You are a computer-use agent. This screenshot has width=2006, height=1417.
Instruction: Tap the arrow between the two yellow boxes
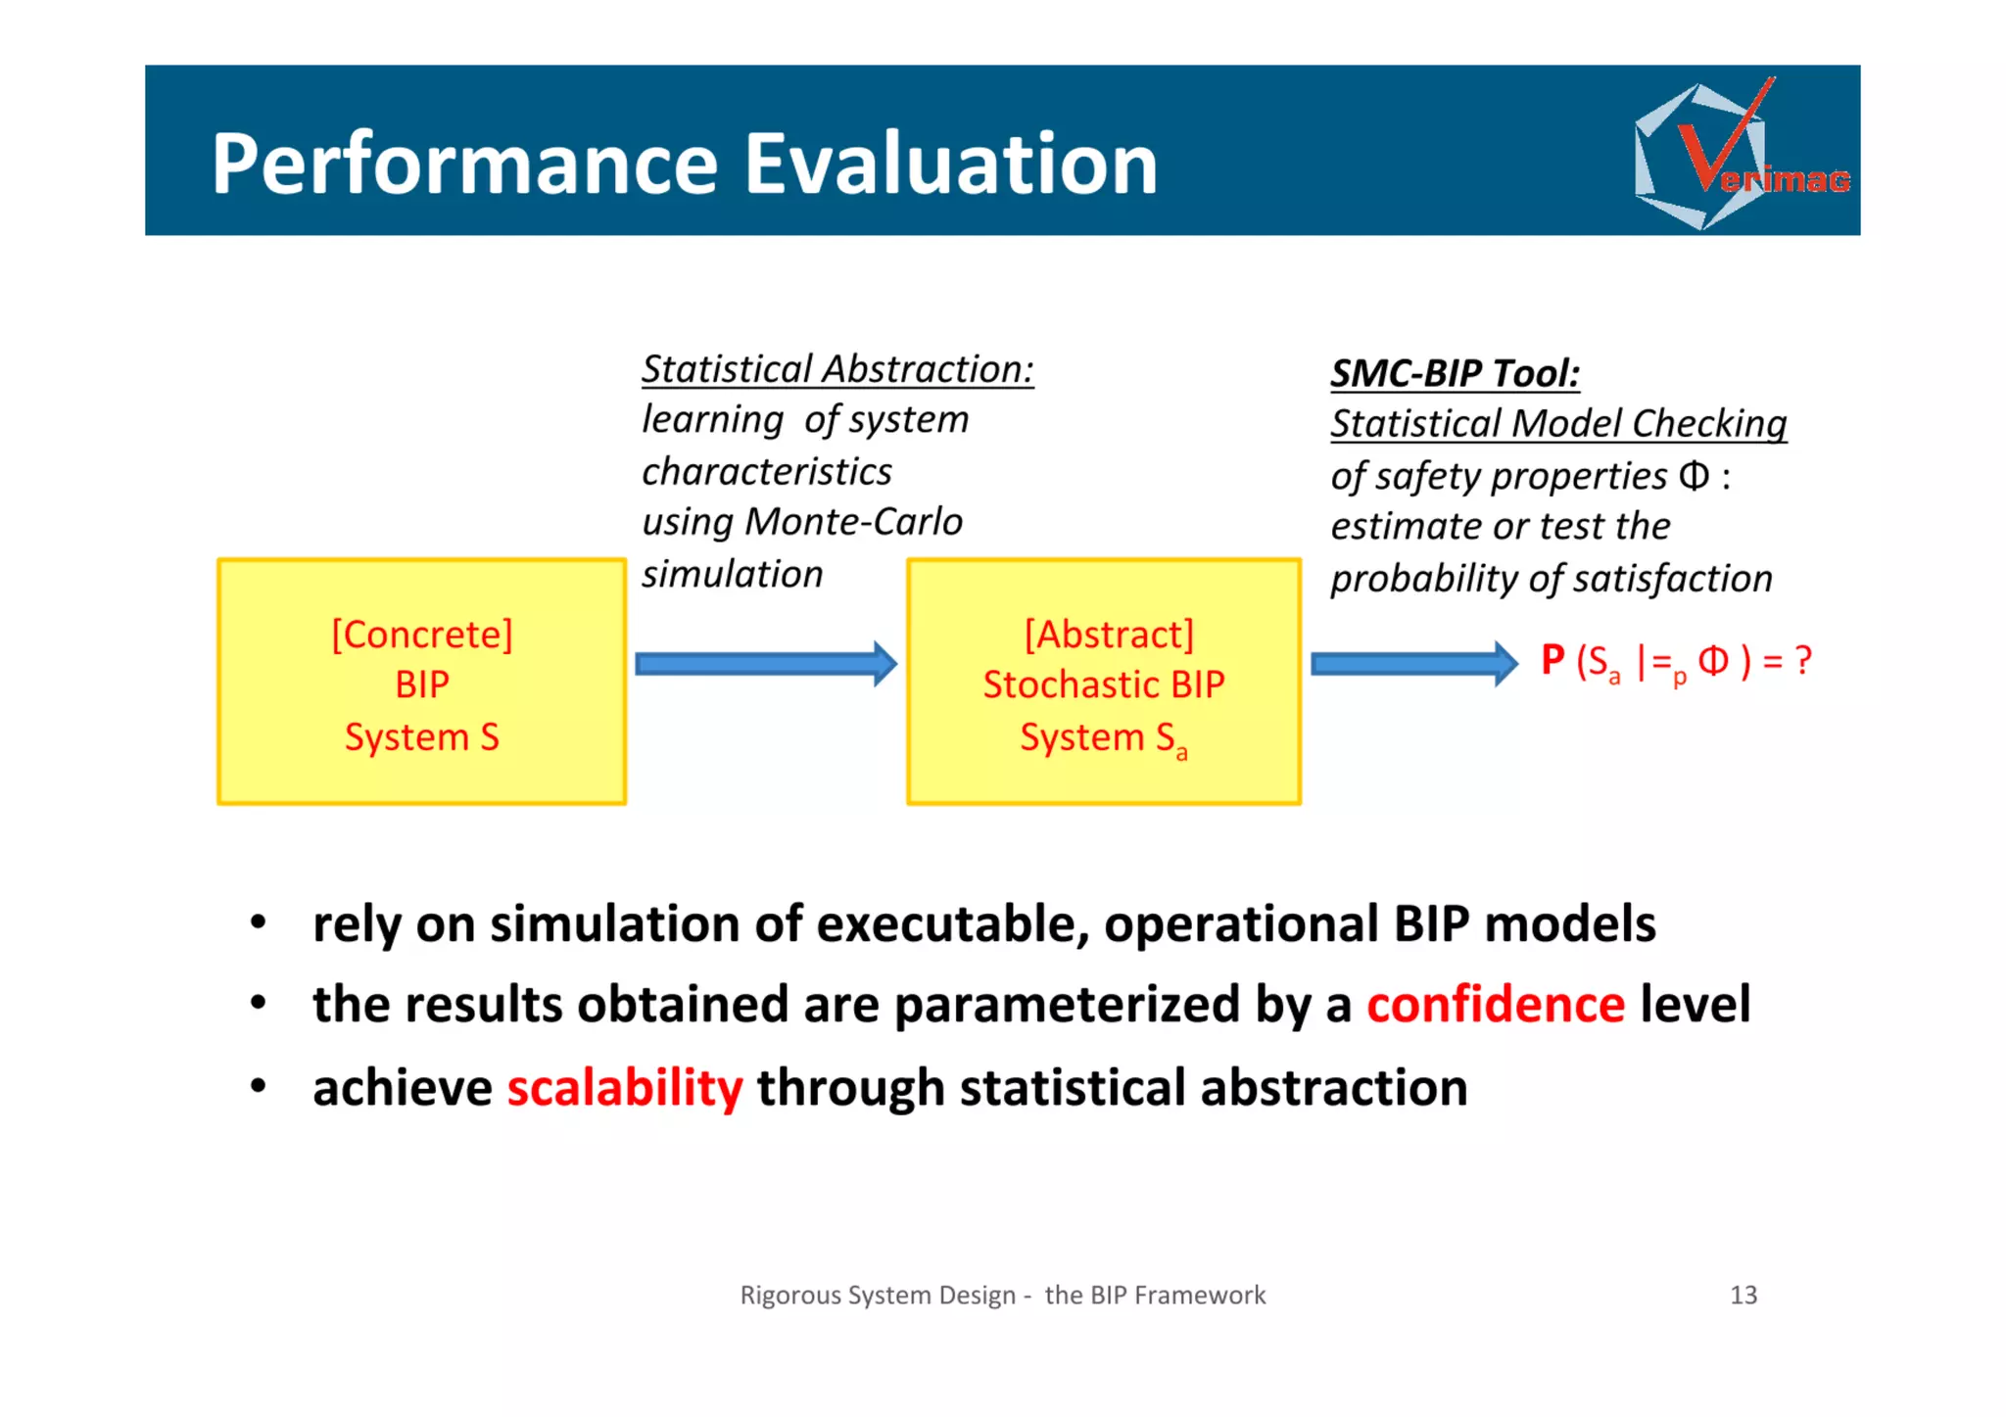pos(765,664)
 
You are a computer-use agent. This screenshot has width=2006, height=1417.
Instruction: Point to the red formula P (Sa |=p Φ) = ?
pos(1675,662)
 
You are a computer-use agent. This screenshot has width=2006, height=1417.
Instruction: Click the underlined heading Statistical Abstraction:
pos(837,369)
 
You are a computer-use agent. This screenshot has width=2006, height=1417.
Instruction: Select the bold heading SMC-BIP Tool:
pos(1455,373)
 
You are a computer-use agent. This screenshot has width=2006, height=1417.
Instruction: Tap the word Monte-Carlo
pos(853,522)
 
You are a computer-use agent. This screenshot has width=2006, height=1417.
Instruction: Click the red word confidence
pos(1496,1005)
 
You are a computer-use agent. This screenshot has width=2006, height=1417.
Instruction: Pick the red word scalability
pos(625,1088)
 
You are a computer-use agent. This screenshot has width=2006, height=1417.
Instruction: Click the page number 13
pos(1743,1295)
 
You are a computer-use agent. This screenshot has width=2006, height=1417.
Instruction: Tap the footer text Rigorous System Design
pos(878,1295)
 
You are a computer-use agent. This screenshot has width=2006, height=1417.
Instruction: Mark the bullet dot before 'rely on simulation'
pos(258,922)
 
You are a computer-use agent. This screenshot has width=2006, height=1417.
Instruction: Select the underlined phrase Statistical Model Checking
pos(1557,423)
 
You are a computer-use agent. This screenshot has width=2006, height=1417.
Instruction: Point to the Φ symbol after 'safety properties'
pos(1694,476)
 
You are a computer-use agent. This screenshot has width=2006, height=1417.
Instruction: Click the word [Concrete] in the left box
pos(422,635)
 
